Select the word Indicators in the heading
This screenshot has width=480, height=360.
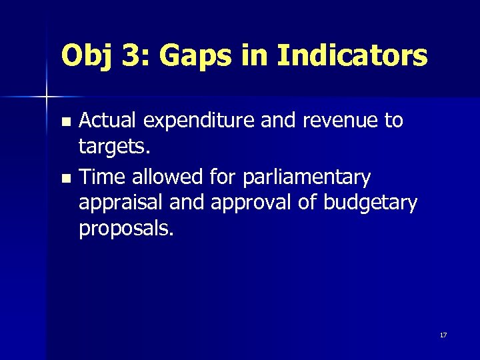351,56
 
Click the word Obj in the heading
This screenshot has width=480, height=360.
86,56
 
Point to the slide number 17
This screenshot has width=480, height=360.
443,335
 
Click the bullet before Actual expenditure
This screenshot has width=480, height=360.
65,122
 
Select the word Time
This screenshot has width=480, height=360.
102,177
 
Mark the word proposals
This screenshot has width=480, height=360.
126,229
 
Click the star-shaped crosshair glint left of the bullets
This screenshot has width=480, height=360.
46,97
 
